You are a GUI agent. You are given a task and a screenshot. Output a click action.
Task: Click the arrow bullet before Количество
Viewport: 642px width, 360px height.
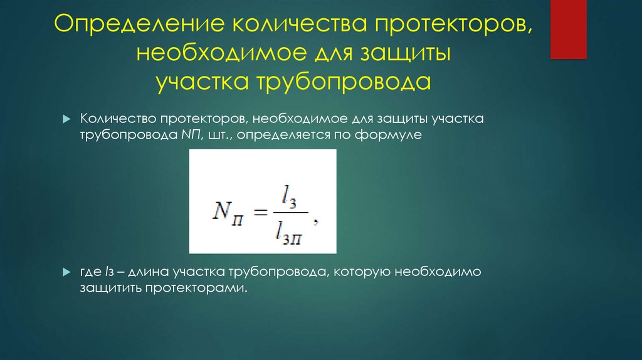65,120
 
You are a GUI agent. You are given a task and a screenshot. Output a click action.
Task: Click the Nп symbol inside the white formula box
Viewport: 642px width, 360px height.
231,210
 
